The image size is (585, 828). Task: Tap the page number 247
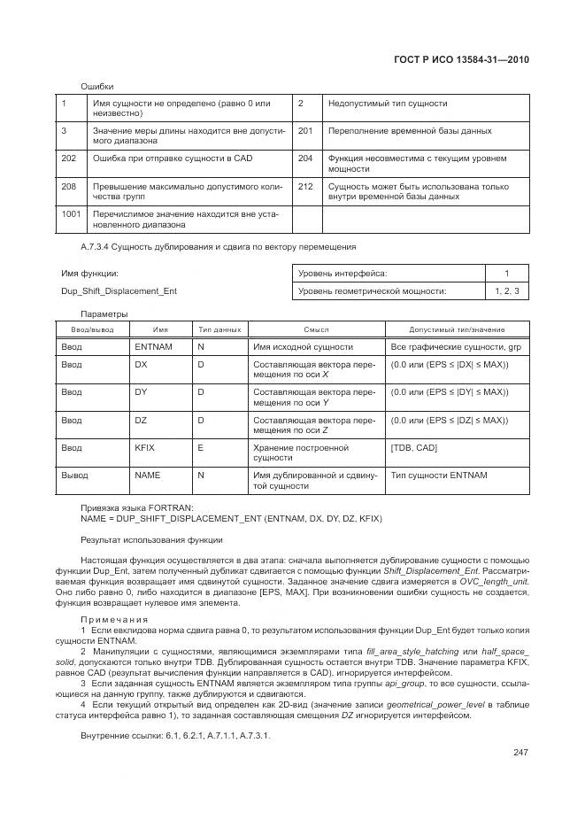[x=520, y=753]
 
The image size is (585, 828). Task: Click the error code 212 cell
[x=306, y=187]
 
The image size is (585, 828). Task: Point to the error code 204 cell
[x=306, y=159]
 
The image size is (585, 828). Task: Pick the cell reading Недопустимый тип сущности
[x=388, y=104]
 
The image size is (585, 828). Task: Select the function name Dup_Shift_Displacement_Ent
[x=119, y=290]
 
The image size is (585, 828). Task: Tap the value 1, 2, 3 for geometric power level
[x=507, y=290]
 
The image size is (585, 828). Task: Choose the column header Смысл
[x=316, y=329]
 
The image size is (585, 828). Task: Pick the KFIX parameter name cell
[x=144, y=447]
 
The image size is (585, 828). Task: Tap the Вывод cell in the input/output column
[x=74, y=476]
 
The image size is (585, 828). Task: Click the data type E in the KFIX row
[x=200, y=447]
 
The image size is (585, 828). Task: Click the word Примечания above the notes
[x=115, y=619]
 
